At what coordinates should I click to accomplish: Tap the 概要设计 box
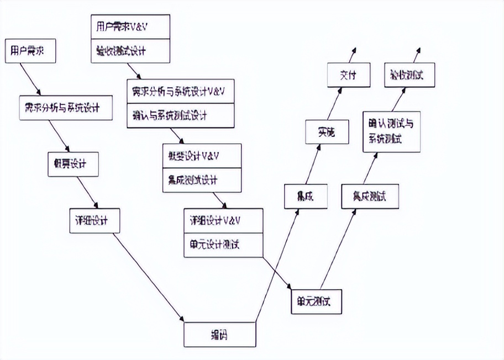tap(73, 163)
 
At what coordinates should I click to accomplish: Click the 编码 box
tap(220, 334)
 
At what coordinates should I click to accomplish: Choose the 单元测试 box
tap(316, 301)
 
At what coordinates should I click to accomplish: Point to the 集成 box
tap(306, 197)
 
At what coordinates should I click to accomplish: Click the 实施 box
tap(327, 132)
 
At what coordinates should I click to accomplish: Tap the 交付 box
tap(348, 75)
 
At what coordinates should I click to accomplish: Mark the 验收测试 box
tap(410, 75)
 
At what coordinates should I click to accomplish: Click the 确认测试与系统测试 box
tap(391, 131)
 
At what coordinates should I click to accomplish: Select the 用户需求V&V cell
tap(130, 27)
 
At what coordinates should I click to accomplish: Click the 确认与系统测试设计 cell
tap(181, 115)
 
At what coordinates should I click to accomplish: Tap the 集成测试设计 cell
tap(202, 180)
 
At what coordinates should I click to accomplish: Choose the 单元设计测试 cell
tap(223, 244)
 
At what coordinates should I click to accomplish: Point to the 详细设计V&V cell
tap(223, 220)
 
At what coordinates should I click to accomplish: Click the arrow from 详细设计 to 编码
tap(148, 276)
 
